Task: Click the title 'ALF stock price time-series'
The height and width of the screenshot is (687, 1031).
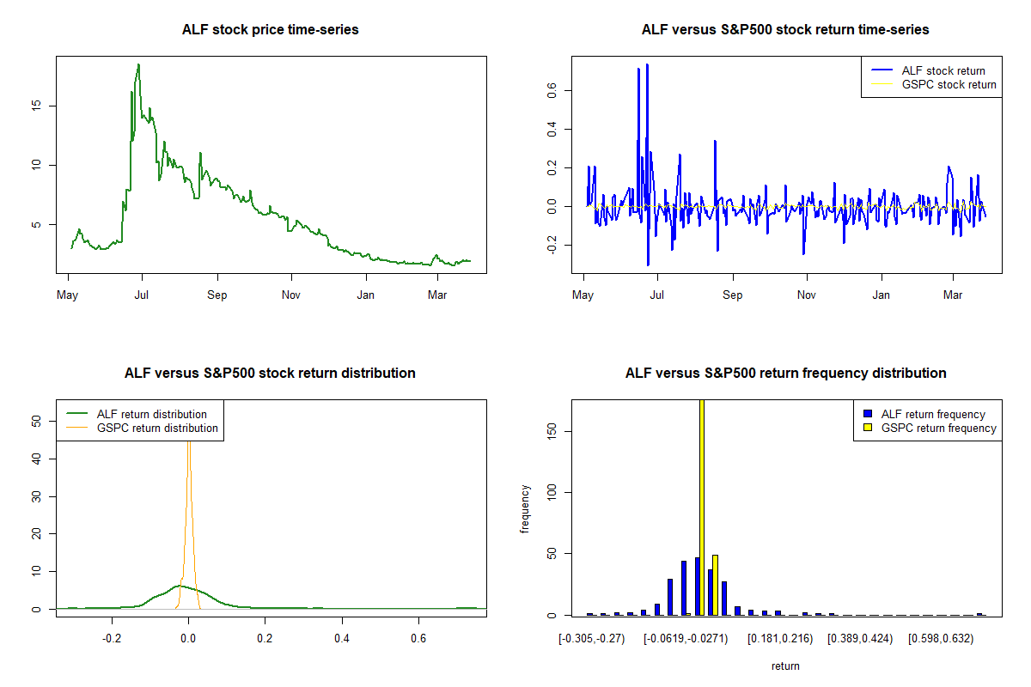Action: (271, 30)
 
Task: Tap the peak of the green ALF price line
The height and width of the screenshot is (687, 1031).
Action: (138, 65)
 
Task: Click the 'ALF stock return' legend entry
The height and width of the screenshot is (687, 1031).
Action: (943, 70)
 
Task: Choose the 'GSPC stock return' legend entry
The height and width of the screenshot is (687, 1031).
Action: (949, 84)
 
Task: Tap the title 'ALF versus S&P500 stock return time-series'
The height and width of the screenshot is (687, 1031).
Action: (785, 30)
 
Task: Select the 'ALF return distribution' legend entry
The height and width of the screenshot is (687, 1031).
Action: (152, 414)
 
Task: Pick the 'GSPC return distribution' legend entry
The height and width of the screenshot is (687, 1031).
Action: (157, 428)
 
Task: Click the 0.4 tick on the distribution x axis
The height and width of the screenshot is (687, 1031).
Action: (342, 639)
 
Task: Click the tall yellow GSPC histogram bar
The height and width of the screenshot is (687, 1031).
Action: (702, 507)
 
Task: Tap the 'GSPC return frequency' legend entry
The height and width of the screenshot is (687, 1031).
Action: (938, 428)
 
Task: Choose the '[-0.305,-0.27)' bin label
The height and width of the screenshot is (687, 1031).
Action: (592, 639)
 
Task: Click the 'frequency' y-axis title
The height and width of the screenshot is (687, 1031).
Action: (525, 509)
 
